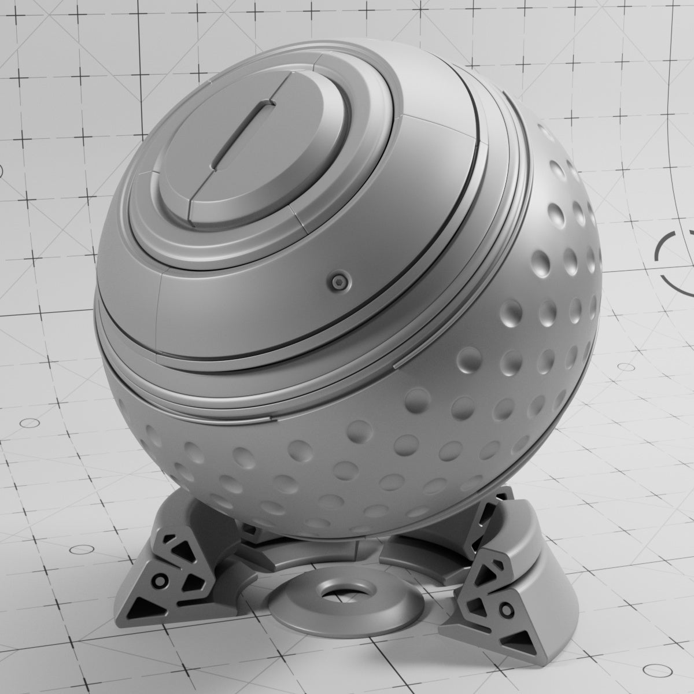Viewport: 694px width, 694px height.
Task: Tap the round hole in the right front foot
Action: click(507, 609)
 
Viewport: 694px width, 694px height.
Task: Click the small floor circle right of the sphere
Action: click(626, 367)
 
